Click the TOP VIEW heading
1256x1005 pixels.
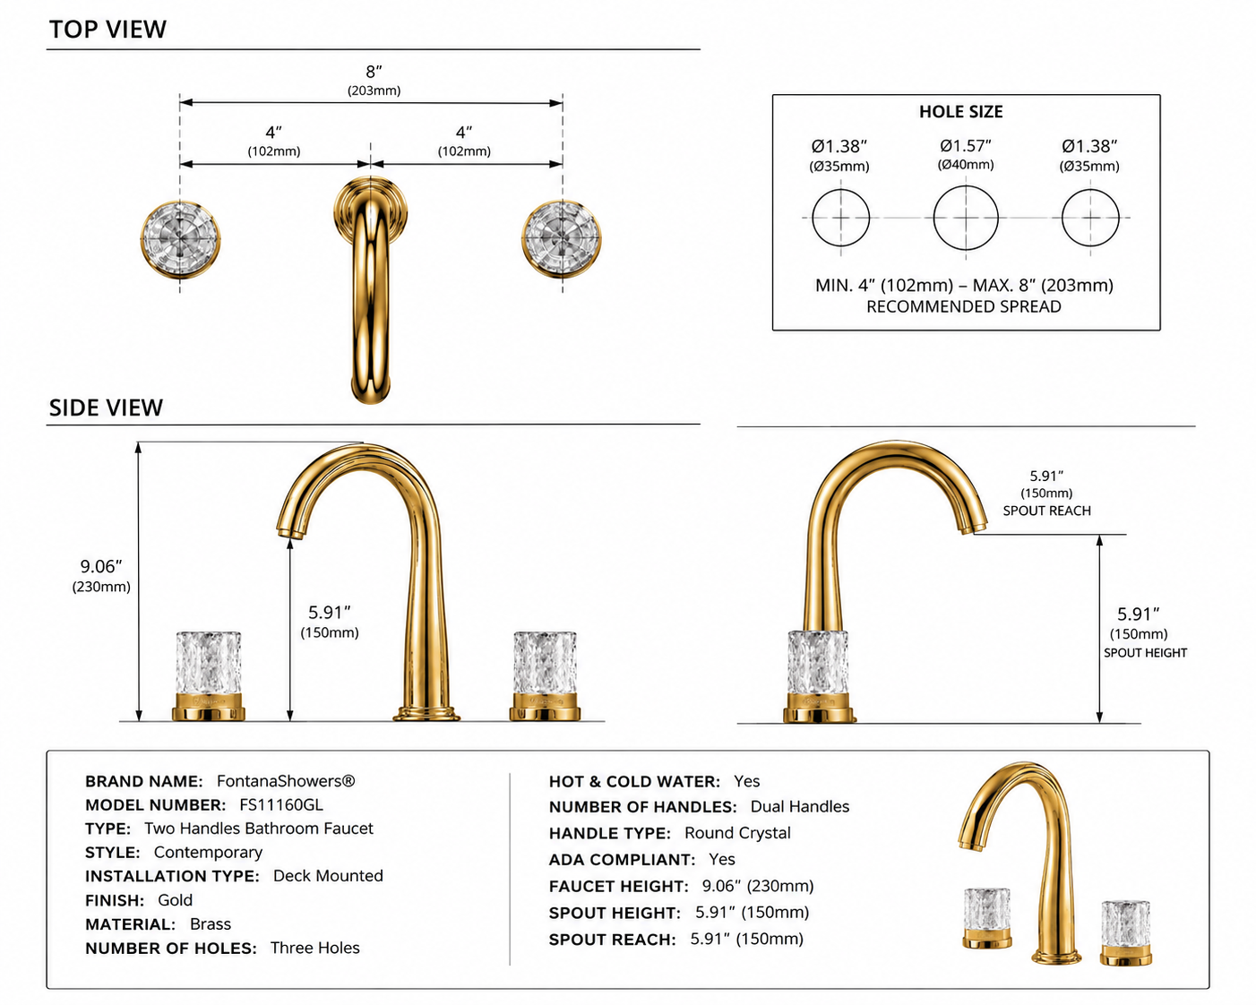click(108, 30)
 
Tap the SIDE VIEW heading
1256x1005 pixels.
click(106, 408)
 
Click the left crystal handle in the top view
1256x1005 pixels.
click(181, 239)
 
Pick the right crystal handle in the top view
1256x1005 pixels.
click(562, 238)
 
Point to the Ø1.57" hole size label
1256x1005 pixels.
click(966, 145)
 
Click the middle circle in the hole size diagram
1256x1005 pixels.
click(966, 218)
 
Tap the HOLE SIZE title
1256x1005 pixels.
click(960, 111)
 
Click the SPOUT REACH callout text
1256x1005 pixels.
click(1046, 511)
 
